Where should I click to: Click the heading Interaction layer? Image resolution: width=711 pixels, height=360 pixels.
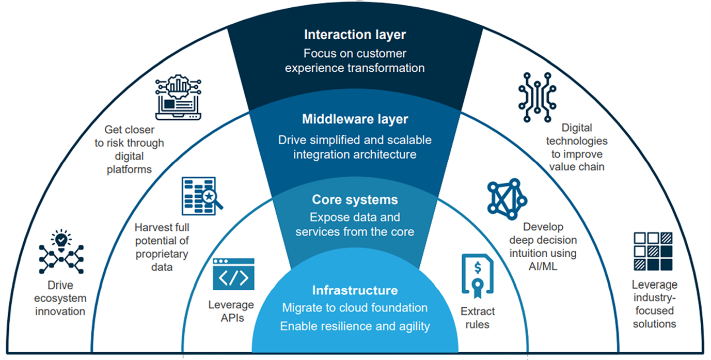click(x=355, y=35)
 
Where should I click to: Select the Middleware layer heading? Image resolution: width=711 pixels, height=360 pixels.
click(x=355, y=120)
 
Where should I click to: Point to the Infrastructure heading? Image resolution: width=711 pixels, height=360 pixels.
click(x=355, y=290)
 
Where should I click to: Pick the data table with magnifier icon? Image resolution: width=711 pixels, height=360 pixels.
click(x=202, y=196)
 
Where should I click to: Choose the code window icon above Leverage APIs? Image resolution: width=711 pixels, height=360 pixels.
click(x=233, y=274)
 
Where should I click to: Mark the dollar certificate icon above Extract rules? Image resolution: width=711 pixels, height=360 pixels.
click(x=477, y=276)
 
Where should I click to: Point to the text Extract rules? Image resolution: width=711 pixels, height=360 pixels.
click(x=478, y=318)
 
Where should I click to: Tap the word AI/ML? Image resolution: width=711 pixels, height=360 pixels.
click(x=543, y=267)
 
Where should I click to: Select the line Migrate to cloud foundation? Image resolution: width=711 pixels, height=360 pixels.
click(x=355, y=308)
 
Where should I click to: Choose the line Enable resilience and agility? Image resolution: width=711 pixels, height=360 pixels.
click(x=355, y=326)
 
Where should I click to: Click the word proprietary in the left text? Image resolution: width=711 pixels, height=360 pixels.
click(x=162, y=254)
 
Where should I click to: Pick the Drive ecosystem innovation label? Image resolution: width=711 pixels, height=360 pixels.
click(x=60, y=298)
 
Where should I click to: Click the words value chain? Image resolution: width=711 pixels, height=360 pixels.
click(x=577, y=166)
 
